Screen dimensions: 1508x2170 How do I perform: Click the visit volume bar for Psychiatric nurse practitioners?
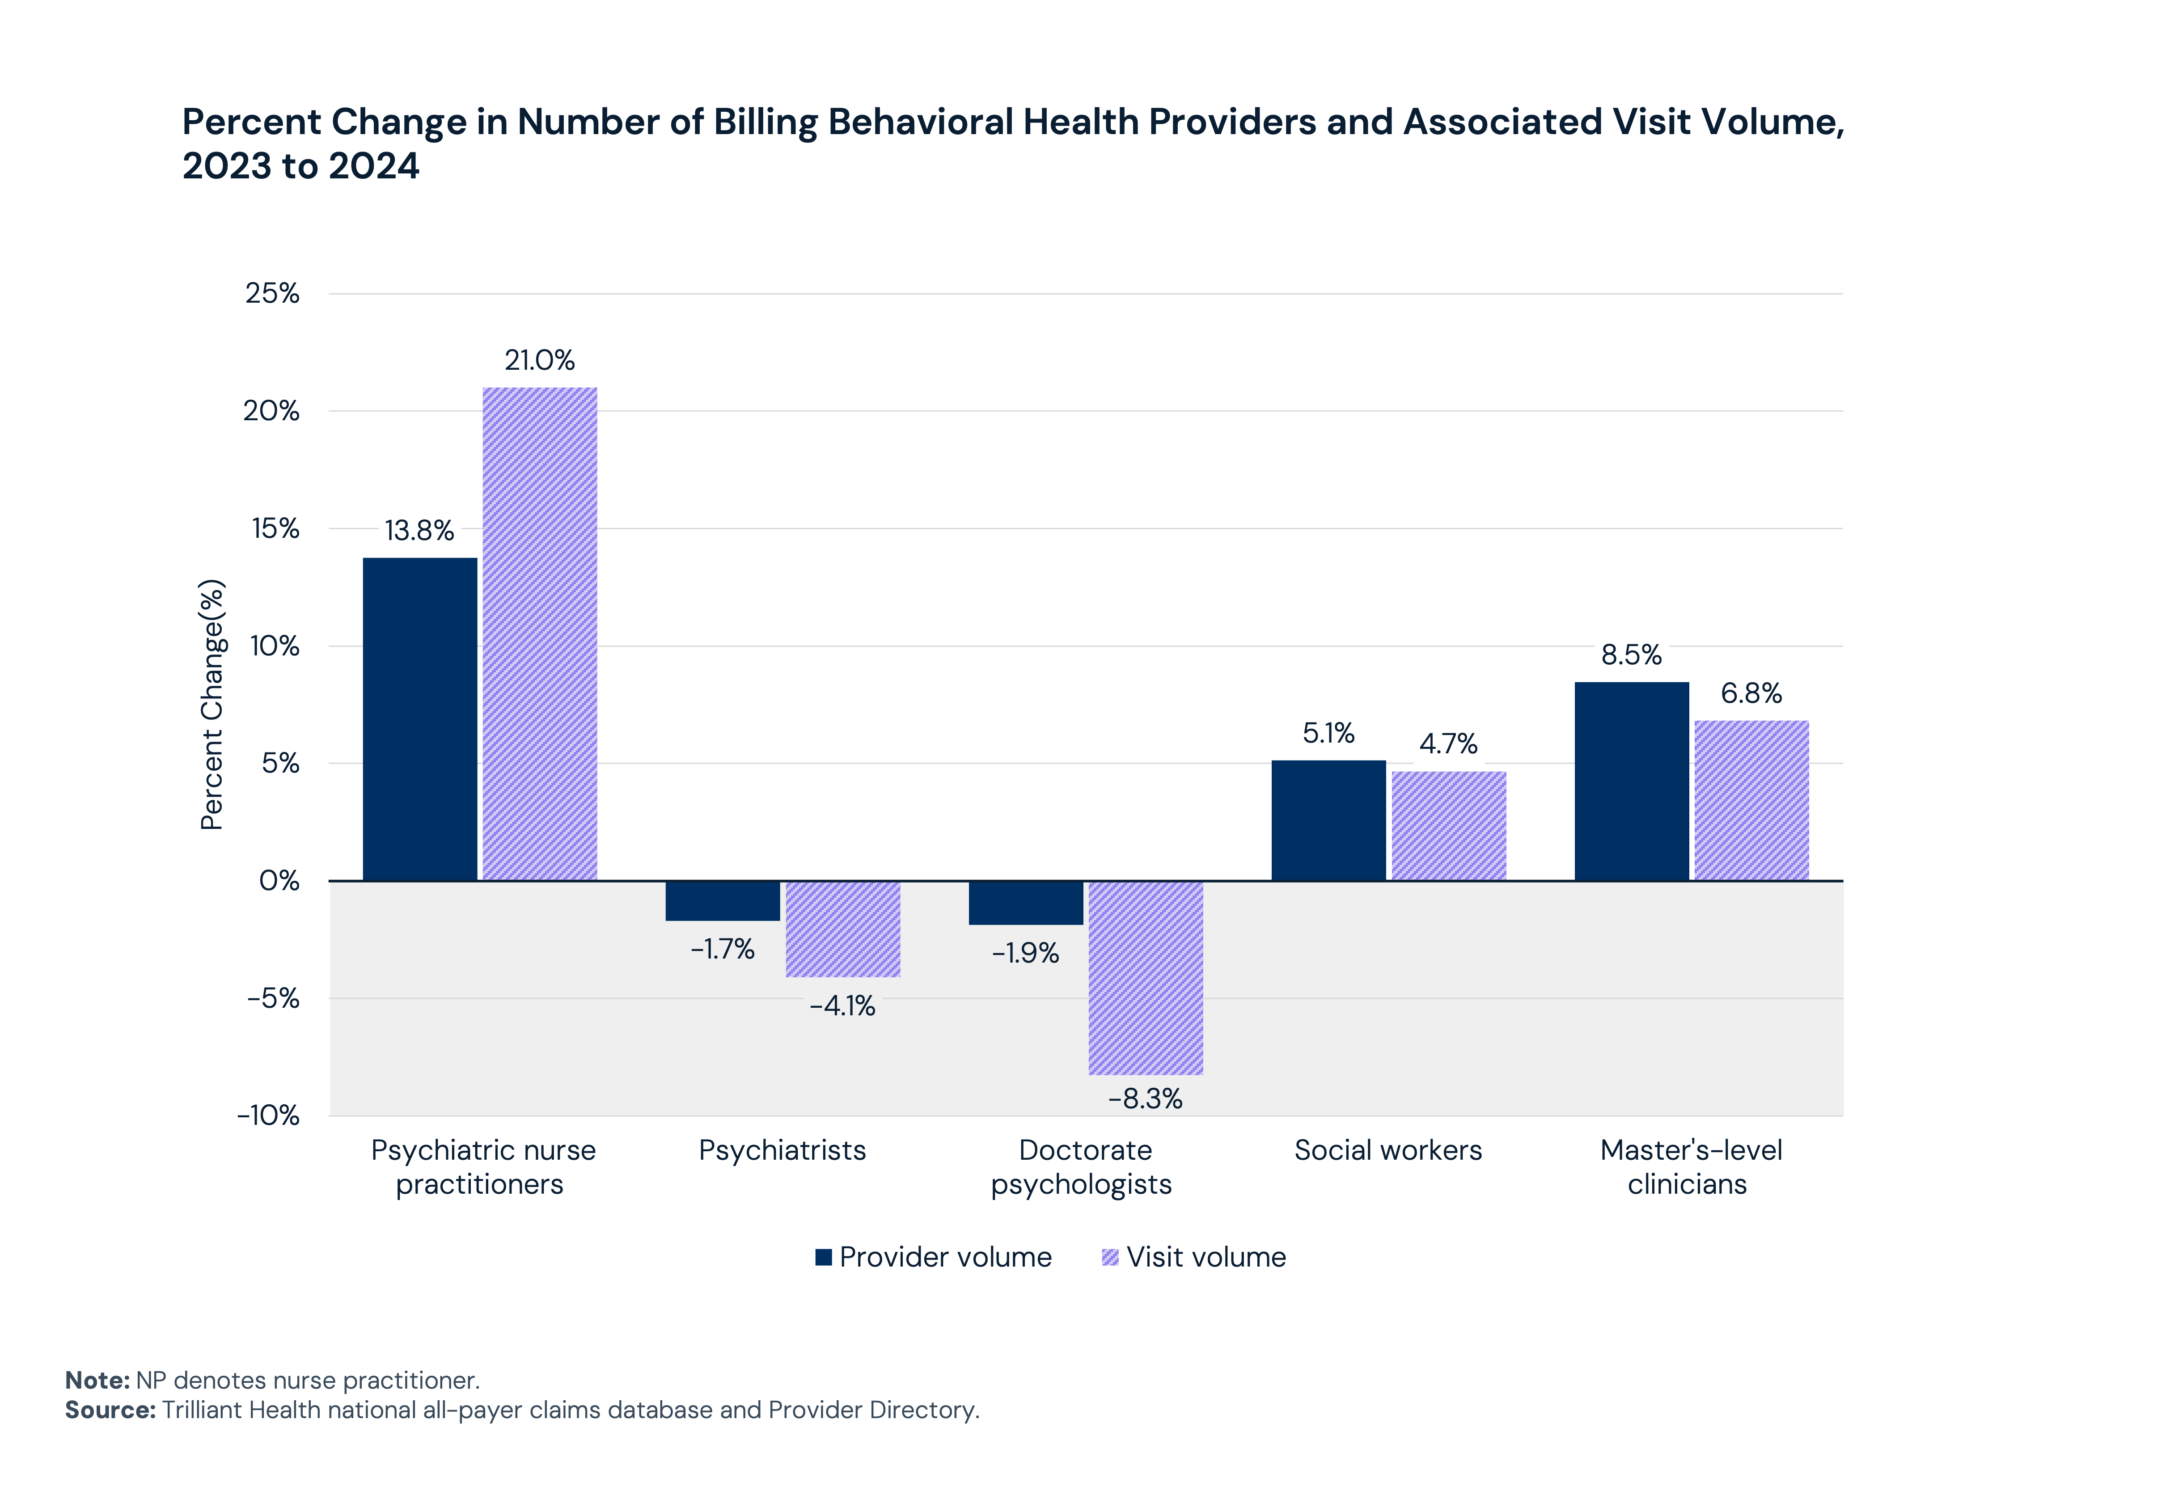(539, 633)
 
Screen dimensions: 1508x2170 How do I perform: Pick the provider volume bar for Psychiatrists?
(723, 900)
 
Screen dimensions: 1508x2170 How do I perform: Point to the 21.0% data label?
(539, 360)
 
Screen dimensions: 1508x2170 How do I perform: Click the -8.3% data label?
(1145, 1099)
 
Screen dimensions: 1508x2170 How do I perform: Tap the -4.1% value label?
(842, 1006)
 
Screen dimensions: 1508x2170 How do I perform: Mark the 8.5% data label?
(1631, 655)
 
